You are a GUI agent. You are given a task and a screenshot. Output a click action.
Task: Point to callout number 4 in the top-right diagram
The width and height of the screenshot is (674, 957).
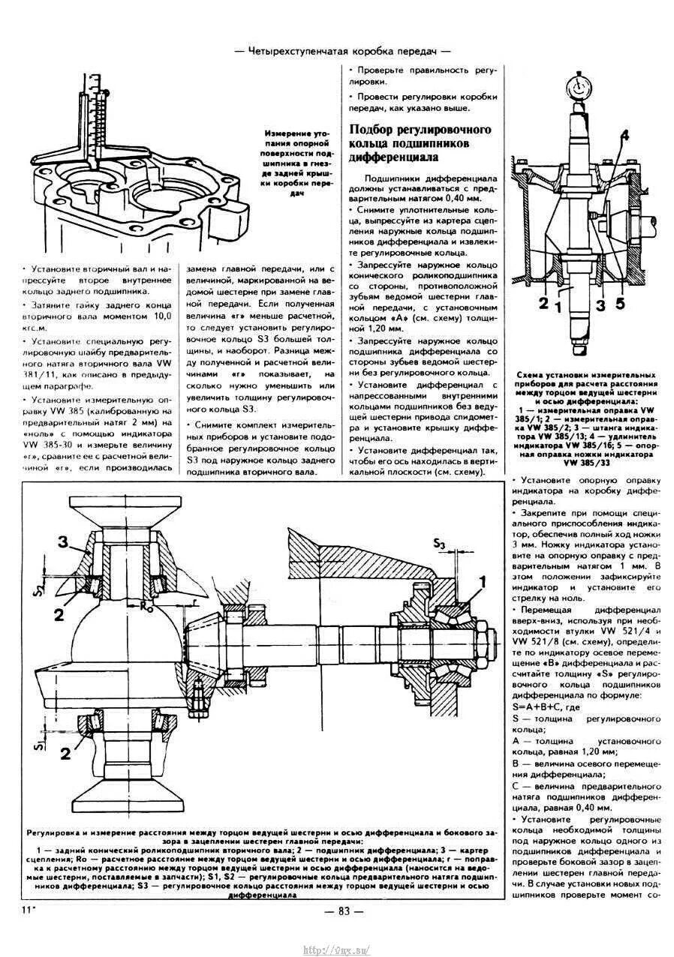coord(624,136)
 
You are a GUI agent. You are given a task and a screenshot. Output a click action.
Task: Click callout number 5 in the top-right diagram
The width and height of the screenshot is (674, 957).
coord(619,304)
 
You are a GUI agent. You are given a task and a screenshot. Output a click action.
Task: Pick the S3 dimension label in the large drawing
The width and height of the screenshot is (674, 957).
coord(440,543)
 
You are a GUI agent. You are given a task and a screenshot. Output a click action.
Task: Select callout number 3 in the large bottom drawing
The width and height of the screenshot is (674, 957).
coord(64,542)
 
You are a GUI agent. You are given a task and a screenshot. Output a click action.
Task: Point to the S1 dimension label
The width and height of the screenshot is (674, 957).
coord(39,745)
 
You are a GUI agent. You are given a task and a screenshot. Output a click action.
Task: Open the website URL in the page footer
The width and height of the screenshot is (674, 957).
coord(337,949)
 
